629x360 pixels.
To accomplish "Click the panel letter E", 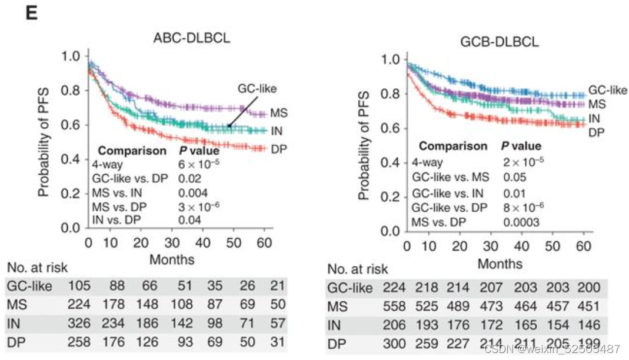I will pos(31,13).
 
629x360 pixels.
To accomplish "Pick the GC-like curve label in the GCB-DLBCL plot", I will pos(608,90).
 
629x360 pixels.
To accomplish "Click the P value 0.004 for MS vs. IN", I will pos(193,191).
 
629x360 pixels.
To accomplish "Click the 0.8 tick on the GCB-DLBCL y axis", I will pos(393,94).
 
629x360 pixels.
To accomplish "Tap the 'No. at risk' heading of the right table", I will pos(358,269).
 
